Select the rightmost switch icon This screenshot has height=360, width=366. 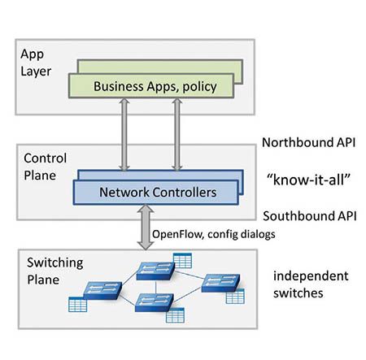tap(221, 284)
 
